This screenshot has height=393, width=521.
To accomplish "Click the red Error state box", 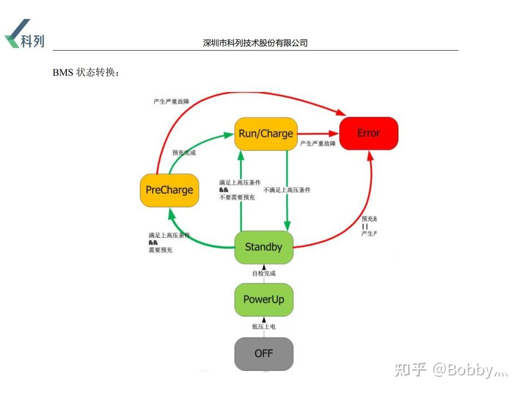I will tap(368, 133).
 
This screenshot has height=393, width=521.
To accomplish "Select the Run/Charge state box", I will tap(266, 133).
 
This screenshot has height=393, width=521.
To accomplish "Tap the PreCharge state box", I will tap(169, 190).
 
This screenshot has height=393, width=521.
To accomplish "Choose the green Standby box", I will tap(264, 247).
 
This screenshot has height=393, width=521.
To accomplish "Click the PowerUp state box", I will tap(264, 299).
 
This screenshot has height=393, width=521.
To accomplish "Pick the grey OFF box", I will tap(264, 354).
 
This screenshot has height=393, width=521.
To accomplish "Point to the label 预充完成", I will tap(184, 153).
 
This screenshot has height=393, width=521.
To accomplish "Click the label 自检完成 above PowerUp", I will tap(264, 273).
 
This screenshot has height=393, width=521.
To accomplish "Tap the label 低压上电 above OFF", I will tap(264, 327).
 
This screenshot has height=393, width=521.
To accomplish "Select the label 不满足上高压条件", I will tap(287, 190).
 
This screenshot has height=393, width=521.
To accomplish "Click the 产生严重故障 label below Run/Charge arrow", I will tap(317, 144).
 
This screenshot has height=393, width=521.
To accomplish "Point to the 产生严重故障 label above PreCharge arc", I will tap(171, 102).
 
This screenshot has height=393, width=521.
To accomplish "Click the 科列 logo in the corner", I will tap(25, 34).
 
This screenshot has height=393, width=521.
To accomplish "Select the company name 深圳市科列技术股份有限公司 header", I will tap(255, 43).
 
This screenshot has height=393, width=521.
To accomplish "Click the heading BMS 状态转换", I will tap(86, 72).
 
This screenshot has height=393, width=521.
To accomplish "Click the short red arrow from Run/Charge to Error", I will tap(318, 133).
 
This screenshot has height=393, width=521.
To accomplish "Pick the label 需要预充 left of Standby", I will tap(160, 250).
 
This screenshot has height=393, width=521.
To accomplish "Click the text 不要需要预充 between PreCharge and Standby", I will tap(237, 197).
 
